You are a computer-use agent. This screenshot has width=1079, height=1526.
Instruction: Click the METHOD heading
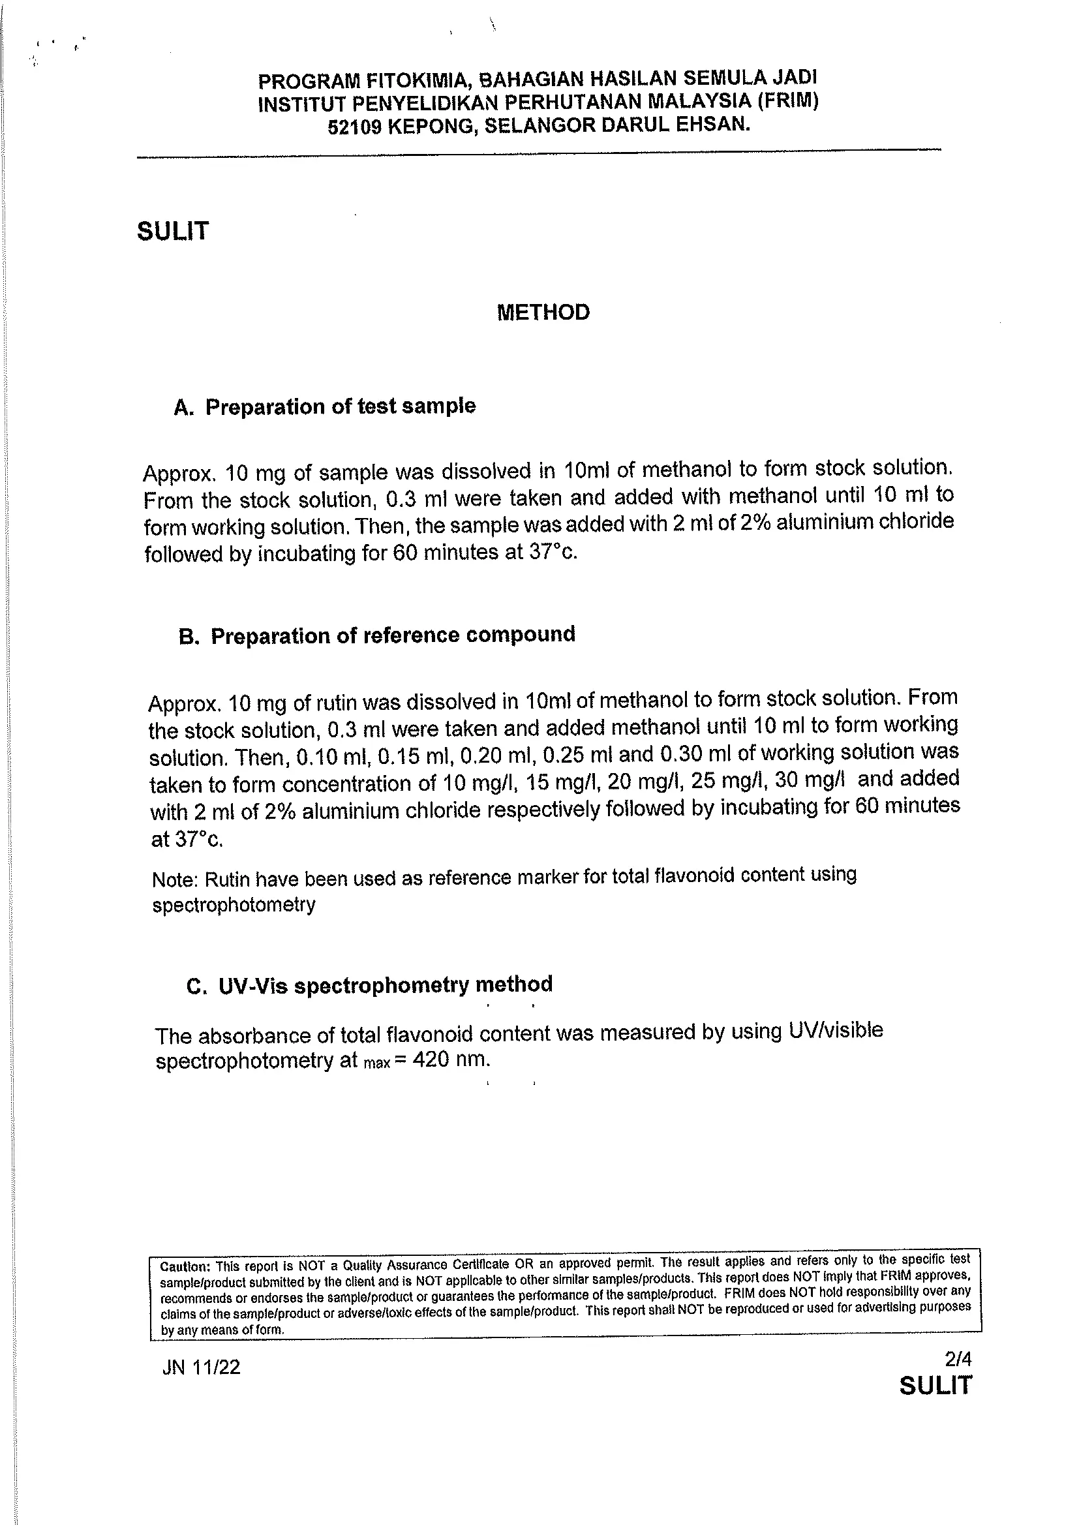point(543,313)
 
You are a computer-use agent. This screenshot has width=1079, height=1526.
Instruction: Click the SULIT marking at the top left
point(173,232)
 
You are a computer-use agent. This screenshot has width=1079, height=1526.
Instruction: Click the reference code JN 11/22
point(202,1367)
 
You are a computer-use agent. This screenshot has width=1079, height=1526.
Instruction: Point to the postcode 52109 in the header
point(355,127)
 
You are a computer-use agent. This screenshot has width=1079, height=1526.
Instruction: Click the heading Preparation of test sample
point(340,406)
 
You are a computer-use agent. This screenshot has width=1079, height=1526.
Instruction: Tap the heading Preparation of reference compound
point(393,635)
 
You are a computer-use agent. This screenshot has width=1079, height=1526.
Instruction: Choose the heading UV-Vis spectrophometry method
point(386,984)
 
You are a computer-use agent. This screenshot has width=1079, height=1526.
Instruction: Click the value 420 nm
point(451,1060)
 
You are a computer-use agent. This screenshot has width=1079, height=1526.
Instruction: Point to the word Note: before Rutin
point(175,880)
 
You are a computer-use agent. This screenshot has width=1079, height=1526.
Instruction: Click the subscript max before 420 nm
point(377,1063)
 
